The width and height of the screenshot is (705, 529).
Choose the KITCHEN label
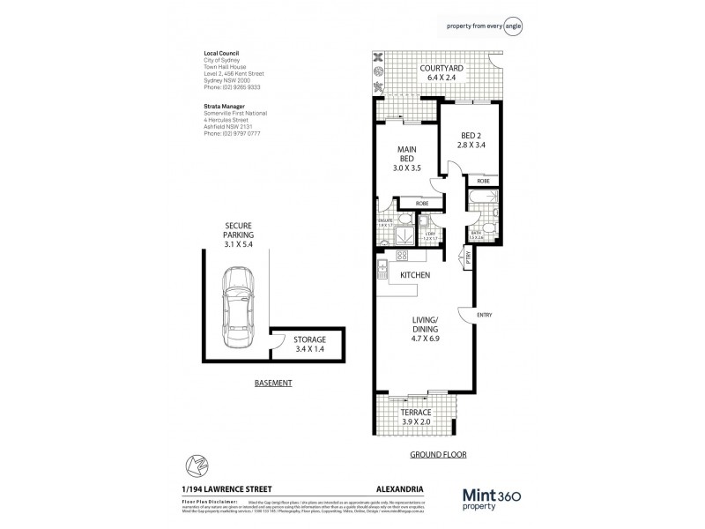(415, 277)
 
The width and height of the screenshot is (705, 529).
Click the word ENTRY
(485, 315)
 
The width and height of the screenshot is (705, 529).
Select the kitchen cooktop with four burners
(404, 257)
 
